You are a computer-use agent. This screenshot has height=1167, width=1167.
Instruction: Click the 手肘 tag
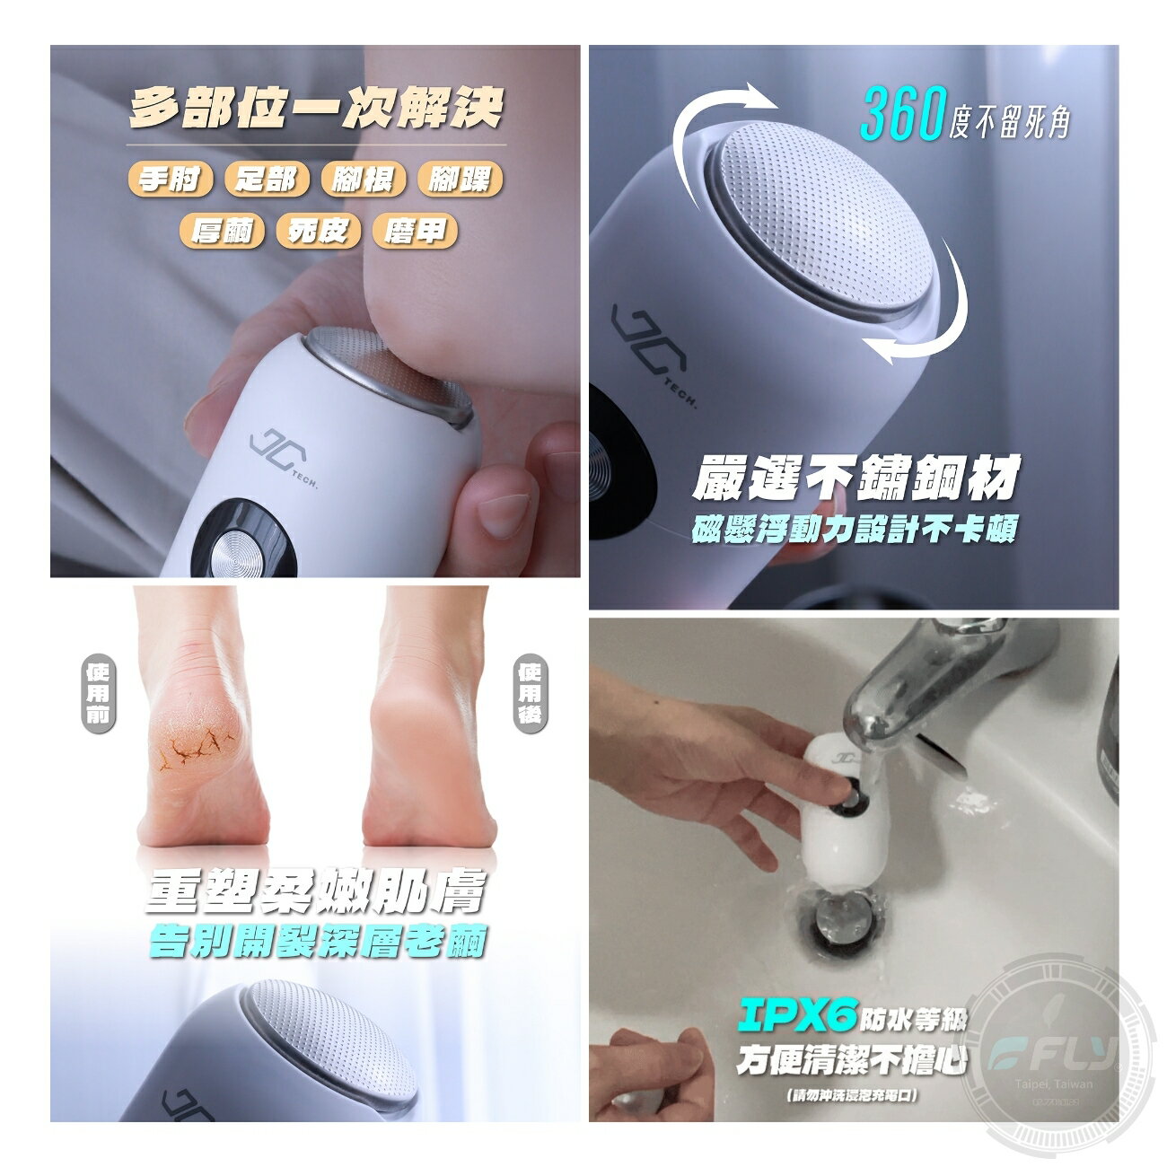[x=170, y=180]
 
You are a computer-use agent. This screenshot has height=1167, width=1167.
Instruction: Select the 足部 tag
[x=267, y=180]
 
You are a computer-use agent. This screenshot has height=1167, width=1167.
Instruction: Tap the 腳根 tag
[x=363, y=180]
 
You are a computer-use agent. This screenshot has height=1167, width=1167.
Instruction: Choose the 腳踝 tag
[x=460, y=180]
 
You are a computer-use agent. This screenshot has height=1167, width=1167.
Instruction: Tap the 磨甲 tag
[x=414, y=231]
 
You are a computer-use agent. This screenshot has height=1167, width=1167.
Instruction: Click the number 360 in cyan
[x=901, y=114]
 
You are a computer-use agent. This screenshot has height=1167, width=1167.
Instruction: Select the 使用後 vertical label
[x=530, y=693]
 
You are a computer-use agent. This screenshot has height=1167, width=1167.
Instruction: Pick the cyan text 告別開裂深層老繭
[x=318, y=940]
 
